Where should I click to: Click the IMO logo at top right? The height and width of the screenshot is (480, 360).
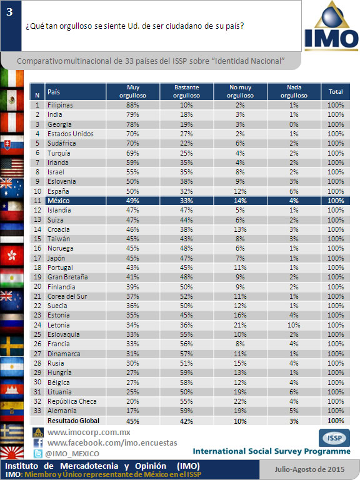331,26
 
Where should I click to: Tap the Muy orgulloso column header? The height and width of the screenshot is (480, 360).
133,91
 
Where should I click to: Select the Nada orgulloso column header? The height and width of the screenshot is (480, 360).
294,91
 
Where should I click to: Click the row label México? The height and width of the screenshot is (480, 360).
59,201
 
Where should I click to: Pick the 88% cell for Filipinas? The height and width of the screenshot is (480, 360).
132,105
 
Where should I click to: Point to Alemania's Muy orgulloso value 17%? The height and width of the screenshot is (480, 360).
132,411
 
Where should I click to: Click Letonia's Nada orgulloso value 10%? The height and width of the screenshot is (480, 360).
294,325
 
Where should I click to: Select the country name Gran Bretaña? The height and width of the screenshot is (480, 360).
67,277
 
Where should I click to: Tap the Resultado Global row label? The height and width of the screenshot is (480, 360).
74,421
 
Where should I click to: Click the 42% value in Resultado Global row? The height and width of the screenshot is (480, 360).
186,421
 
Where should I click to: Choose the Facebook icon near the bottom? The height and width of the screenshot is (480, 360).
38,443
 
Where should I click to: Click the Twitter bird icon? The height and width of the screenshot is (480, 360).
37,453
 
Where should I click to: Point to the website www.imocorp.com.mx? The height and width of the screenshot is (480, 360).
89,432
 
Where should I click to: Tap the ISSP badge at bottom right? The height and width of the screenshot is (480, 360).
334,437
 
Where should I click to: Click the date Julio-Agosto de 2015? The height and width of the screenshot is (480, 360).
309,469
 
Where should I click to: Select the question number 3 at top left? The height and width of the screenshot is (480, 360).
9,12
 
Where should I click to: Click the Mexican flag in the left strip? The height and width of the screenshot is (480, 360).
12,100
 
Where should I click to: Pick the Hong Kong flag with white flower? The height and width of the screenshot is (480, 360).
12,255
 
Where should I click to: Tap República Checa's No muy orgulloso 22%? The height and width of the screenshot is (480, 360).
240,401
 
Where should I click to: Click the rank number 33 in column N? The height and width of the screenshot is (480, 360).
37,411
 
